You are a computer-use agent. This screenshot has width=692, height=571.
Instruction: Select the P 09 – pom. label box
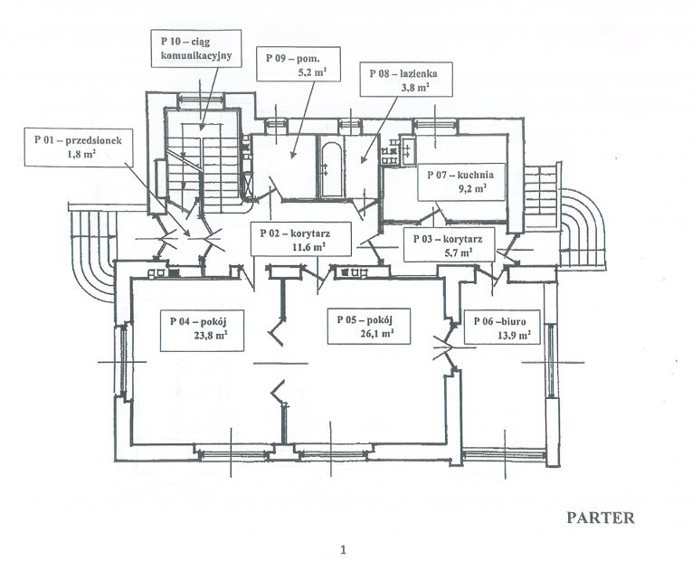298,64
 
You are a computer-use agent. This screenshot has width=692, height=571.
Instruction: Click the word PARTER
600,519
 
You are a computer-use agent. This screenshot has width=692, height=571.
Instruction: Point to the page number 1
344,549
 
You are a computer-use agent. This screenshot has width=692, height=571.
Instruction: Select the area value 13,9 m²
511,335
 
